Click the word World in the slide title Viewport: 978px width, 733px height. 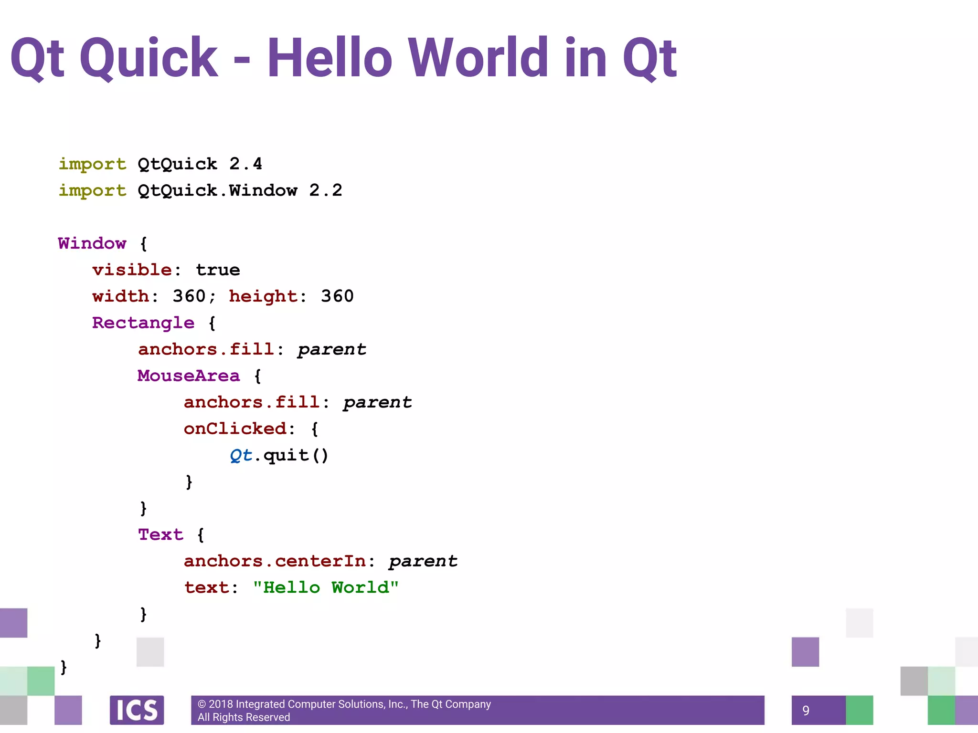pyautogui.click(x=478, y=58)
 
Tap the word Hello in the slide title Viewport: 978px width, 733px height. pyautogui.click(x=330, y=58)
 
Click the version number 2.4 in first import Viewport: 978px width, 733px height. pyautogui.click(x=245, y=164)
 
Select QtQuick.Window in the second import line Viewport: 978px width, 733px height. pyautogui.click(x=217, y=191)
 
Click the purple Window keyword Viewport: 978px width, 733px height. pyautogui.click(x=92, y=243)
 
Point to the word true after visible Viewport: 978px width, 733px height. pyautogui.click(x=218, y=270)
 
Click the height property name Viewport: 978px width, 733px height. pyautogui.click(x=263, y=296)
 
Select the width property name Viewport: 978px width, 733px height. pyautogui.click(x=121, y=296)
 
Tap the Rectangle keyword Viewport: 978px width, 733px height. pyautogui.click(x=143, y=323)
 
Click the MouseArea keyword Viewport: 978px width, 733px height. pyautogui.click(x=189, y=376)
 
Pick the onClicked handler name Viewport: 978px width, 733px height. pyautogui.click(x=235, y=429)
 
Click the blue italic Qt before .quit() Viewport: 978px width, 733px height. pyautogui.click(x=241, y=455)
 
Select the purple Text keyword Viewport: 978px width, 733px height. pyautogui.click(x=160, y=534)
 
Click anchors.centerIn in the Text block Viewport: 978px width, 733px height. pyautogui.click(x=275, y=561)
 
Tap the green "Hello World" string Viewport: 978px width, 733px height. pyautogui.click(x=326, y=587)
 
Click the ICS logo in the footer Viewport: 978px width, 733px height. pyautogui.click(x=137, y=710)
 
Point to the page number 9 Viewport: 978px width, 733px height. pyautogui.click(x=806, y=711)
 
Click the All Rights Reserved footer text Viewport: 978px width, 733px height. pyautogui.click(x=244, y=717)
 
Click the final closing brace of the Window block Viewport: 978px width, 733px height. pyautogui.click(x=64, y=667)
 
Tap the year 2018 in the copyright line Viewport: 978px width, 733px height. pyautogui.click(x=221, y=704)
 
